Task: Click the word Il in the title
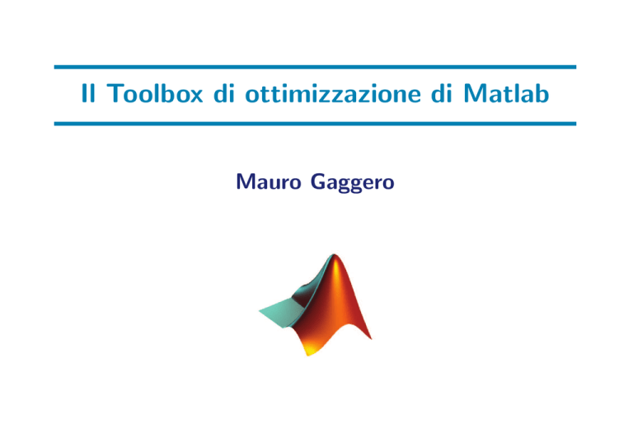[88, 93]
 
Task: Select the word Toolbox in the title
[155, 93]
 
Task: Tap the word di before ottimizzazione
[224, 93]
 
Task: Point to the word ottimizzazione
[333, 94]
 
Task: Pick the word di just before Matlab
[442, 93]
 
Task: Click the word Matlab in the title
[506, 93]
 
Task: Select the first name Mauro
[269, 182]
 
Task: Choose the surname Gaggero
[353, 183]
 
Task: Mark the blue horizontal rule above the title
[315, 67]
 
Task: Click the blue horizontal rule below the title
[315, 124]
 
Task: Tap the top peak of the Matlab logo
[335, 255]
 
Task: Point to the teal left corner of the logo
[260, 310]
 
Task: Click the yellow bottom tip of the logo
[308, 355]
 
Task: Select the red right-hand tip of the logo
[371, 338]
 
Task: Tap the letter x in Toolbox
[195, 96]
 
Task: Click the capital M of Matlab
[474, 93]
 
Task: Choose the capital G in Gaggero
[318, 182]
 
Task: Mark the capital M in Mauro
[245, 182]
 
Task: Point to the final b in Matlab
[542, 93]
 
